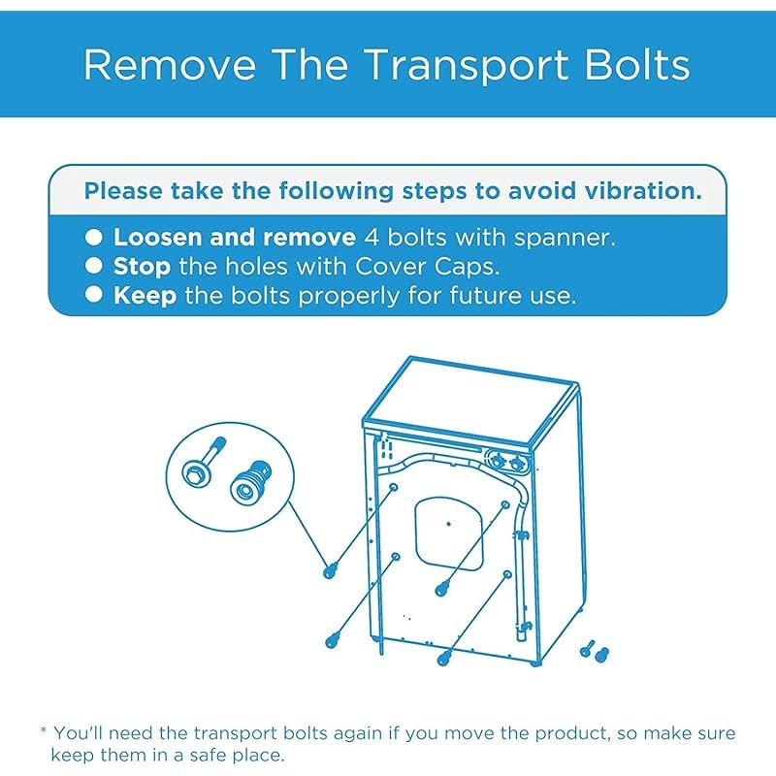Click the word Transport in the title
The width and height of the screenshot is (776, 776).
467,65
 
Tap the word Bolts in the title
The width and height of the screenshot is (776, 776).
637,64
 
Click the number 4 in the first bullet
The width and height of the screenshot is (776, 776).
372,238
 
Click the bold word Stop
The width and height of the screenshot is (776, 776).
142,268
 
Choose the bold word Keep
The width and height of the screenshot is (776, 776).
145,296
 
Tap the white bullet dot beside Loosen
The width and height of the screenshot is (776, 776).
93,237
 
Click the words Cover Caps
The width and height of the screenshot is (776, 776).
428,267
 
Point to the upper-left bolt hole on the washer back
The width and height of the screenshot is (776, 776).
394,488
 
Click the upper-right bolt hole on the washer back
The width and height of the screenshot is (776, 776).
505,504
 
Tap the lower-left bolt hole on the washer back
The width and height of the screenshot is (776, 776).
396,557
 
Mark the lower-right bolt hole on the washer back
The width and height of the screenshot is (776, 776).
507,574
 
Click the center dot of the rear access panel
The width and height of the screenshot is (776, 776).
448,524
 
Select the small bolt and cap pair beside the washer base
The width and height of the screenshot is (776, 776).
595,651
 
